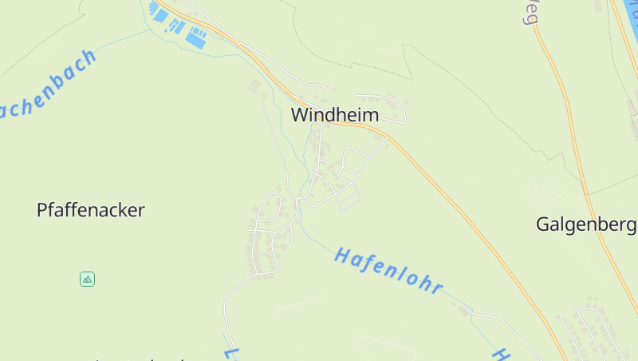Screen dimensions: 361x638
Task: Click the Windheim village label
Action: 334,115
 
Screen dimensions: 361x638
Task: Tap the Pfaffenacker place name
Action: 91,210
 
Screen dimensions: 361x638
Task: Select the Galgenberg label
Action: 586,224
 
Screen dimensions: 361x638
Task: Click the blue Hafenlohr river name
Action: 388,270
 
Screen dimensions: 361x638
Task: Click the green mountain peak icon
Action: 88,279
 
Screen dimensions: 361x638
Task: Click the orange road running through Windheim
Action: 447,192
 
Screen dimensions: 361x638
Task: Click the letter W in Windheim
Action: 300,115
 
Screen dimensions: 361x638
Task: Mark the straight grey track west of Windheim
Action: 275,136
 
